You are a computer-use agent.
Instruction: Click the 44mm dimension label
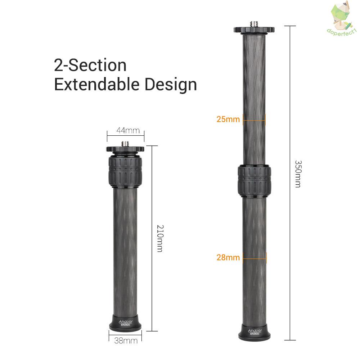point(126,131)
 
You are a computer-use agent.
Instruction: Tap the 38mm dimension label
point(125,340)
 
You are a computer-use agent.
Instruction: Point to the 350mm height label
point(298,174)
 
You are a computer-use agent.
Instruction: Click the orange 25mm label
point(228,119)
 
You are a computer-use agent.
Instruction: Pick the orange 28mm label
point(228,257)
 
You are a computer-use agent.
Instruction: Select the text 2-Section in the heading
point(90,66)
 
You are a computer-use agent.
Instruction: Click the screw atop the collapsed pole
point(125,144)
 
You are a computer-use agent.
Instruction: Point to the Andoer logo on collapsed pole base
point(125,321)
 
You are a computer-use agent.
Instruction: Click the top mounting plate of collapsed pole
point(125,149)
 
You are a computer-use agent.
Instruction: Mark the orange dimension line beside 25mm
point(254,119)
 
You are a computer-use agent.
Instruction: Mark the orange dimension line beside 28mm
point(255,257)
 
